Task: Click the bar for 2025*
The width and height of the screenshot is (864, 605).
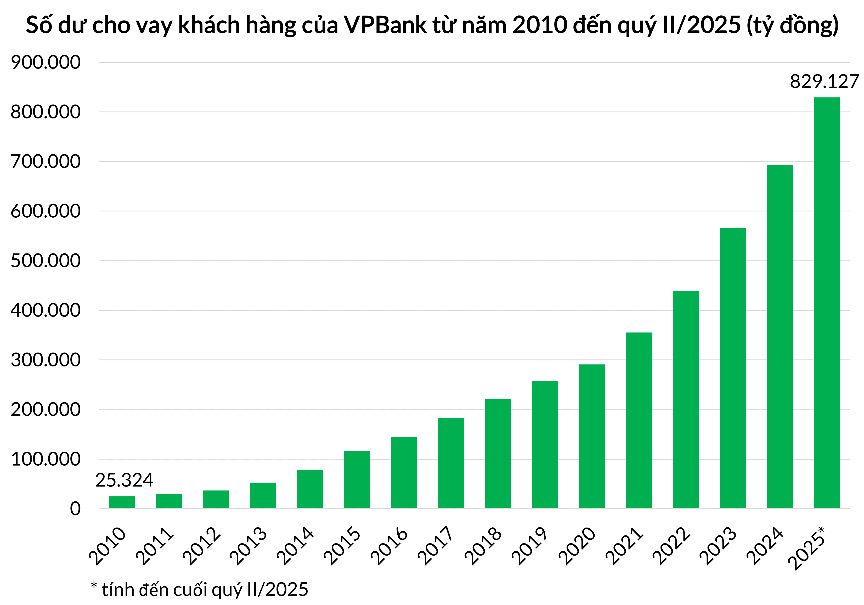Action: click(x=827, y=303)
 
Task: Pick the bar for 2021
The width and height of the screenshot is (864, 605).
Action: click(x=639, y=420)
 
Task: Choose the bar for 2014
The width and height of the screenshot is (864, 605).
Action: click(x=310, y=489)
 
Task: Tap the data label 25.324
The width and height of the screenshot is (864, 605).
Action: click(x=124, y=480)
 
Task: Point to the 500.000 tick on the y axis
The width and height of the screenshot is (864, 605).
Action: click(x=46, y=261)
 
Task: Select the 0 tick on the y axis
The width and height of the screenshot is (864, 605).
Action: click(x=75, y=509)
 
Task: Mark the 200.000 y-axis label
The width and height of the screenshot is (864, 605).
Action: click(x=46, y=409)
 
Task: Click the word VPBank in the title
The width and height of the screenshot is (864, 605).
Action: click(x=385, y=25)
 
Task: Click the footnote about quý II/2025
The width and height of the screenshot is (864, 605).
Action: click(x=199, y=590)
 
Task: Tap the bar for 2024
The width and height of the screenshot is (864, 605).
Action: click(x=780, y=337)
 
